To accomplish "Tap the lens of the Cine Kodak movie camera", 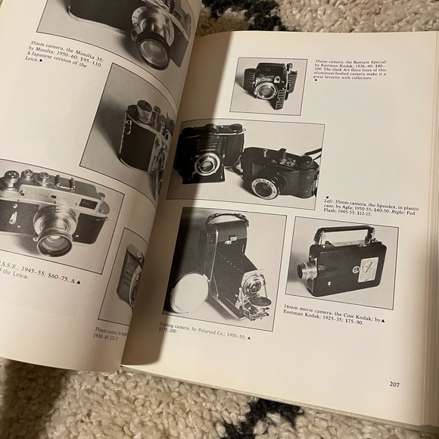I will pyautogui.click(x=305, y=269).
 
